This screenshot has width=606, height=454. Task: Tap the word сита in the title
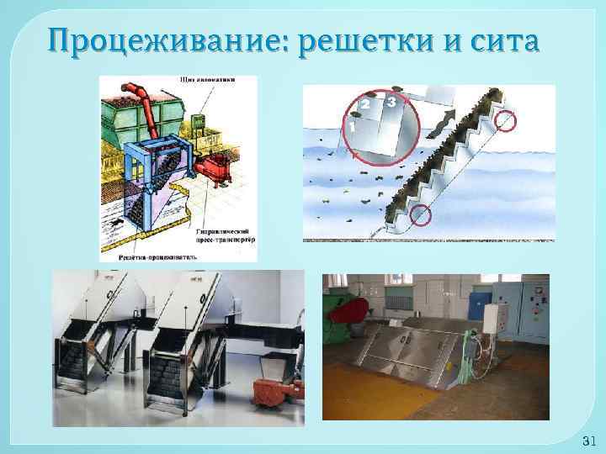(x=496, y=40)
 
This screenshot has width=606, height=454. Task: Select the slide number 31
(x=588, y=441)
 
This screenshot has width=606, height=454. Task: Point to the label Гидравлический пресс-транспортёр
(x=226, y=233)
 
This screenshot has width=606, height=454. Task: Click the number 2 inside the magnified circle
(x=364, y=103)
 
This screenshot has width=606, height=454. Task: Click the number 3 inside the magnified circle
(x=391, y=101)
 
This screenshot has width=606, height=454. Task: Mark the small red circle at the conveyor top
(x=507, y=121)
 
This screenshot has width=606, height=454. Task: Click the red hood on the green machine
(x=345, y=311)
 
